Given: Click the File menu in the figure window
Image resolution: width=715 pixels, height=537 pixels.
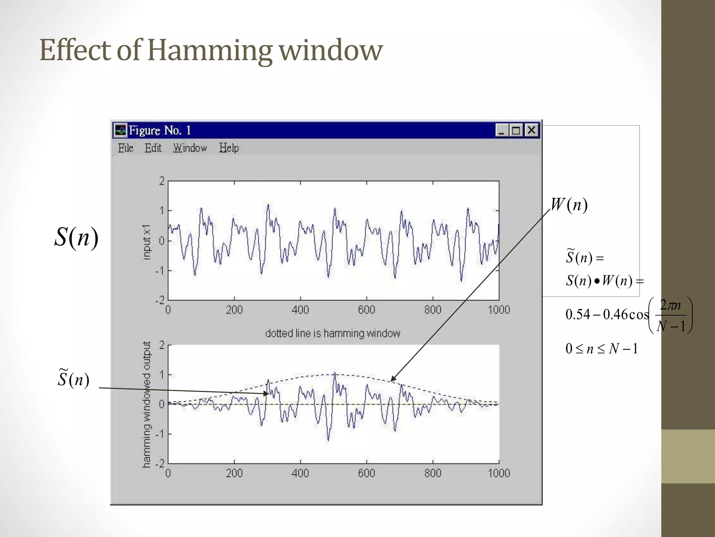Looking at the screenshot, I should point(125,148).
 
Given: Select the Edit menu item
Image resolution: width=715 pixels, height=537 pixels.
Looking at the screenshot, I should point(153,148).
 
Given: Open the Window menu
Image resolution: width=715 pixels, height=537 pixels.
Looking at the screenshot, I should point(190,148).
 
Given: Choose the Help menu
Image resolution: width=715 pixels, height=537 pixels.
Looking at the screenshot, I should point(229,148).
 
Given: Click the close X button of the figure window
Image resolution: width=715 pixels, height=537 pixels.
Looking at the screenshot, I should point(531,130).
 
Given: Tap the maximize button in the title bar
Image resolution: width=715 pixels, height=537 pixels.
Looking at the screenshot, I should point(516,130).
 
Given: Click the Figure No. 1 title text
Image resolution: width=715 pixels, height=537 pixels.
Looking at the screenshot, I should point(160,130).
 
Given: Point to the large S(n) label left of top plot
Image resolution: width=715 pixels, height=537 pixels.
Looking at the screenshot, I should point(76,237).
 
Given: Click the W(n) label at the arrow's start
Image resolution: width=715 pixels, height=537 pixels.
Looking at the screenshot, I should point(569,205).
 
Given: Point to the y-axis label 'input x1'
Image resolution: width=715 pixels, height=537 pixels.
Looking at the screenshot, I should point(147,242).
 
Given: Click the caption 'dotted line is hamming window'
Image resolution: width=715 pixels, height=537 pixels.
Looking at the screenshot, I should point(332,333).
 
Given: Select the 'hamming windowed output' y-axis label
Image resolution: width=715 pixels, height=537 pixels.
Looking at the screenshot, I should point(147,404).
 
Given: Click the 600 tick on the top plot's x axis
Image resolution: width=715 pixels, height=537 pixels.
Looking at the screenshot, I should point(366,310).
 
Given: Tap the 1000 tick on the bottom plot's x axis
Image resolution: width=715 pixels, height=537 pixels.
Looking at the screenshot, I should point(499,473).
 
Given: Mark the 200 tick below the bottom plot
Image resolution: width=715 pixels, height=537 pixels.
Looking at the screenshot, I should point(234,473).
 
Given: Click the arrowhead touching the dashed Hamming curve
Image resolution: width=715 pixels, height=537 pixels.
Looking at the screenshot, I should point(392,379).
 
